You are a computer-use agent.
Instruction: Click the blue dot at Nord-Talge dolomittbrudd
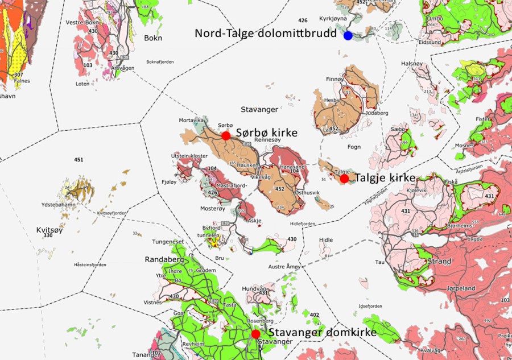348,36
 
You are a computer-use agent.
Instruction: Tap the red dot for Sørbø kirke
226,136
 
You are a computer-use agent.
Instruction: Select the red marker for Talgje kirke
344,179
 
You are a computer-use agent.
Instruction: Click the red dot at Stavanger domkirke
255,333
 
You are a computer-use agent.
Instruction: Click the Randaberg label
160,260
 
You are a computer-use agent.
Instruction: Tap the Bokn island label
153,38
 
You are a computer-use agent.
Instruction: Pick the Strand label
439,262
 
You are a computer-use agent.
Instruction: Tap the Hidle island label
325,240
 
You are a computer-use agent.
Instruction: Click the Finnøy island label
335,79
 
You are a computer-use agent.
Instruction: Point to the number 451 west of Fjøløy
79,160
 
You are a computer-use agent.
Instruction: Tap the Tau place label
380,262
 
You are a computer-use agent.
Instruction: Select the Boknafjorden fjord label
160,62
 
